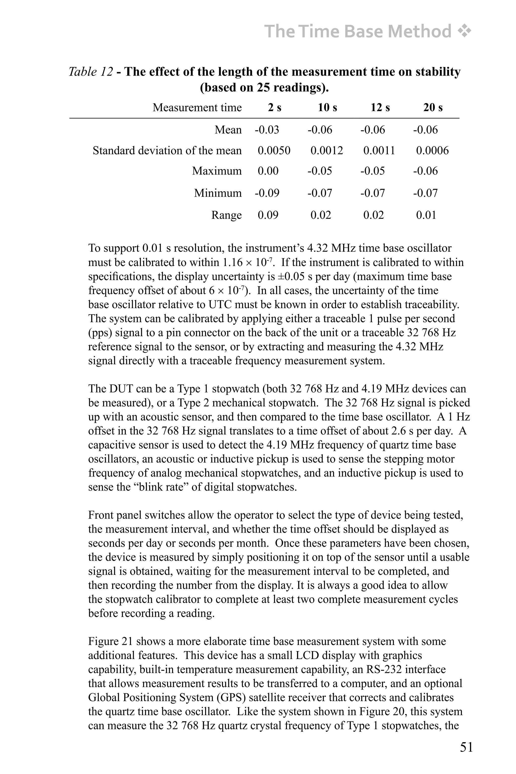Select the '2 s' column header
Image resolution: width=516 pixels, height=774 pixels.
(x=274, y=108)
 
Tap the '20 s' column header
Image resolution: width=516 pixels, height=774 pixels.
(x=433, y=108)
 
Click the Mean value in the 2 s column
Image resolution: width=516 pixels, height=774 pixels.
(x=267, y=130)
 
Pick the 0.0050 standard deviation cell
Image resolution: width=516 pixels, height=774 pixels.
(x=274, y=151)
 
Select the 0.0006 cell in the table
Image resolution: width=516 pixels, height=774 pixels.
(x=432, y=151)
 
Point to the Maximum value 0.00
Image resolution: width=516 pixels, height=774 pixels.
(x=268, y=171)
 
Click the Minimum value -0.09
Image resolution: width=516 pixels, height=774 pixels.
(x=267, y=193)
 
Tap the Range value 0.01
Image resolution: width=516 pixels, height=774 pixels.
(x=426, y=215)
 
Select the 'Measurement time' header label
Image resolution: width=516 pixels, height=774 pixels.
(x=197, y=108)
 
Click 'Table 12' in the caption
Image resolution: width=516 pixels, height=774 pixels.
(x=91, y=72)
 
